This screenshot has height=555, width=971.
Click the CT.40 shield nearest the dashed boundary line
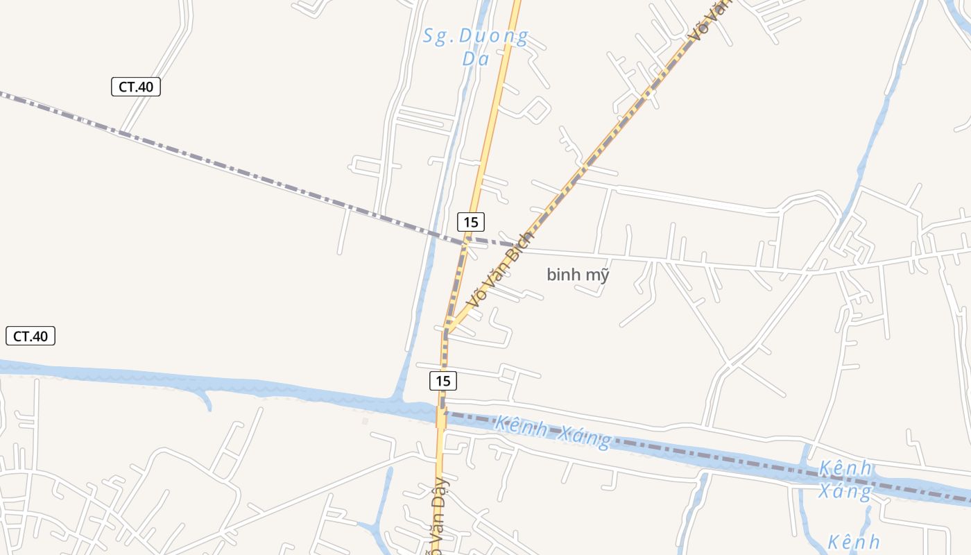click(136, 87)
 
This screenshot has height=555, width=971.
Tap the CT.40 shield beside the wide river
click(31, 336)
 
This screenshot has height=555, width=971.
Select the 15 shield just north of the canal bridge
click(443, 381)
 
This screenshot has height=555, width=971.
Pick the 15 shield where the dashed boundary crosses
click(471, 223)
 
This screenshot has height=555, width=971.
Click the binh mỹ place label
click(578, 275)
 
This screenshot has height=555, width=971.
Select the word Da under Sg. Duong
click(476, 59)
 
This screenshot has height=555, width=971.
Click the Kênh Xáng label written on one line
click(553, 432)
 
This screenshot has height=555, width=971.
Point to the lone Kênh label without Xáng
click(854, 542)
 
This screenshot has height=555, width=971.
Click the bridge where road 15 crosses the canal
click(440, 416)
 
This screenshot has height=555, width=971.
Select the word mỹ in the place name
click(596, 275)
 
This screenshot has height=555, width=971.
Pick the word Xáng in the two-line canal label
click(845, 491)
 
